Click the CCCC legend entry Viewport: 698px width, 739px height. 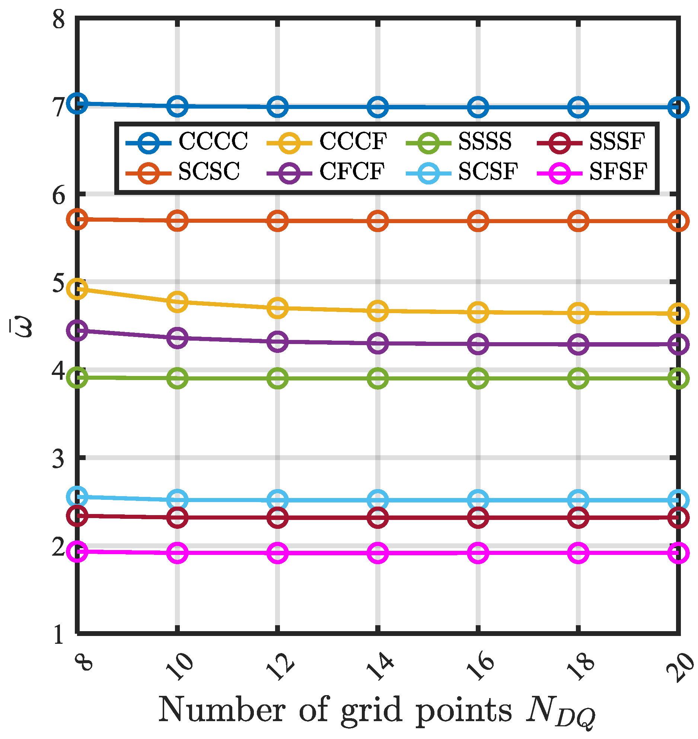213,142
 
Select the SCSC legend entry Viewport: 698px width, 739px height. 209,172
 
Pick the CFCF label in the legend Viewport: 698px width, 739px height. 352,172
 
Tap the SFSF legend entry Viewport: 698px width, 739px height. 618,172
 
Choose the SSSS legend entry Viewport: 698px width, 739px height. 485,142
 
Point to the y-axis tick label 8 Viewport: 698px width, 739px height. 59,19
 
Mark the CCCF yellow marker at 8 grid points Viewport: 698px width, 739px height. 77,289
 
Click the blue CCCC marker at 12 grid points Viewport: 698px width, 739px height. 278,107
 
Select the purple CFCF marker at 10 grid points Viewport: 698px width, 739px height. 178,338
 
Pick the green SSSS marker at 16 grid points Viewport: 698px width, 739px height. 478,379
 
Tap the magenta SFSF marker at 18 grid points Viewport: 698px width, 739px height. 578,553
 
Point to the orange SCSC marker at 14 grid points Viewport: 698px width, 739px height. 378,221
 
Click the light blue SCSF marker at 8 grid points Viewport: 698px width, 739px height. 77,497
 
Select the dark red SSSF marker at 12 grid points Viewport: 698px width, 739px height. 278,518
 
